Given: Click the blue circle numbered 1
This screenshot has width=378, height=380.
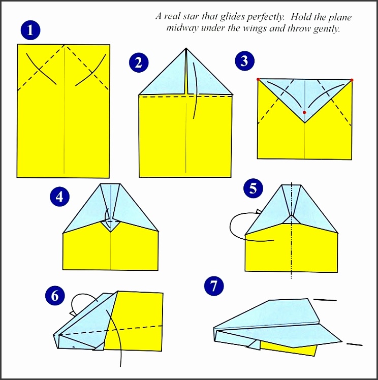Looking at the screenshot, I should (31, 30).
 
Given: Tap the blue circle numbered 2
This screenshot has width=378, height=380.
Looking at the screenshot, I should (139, 62).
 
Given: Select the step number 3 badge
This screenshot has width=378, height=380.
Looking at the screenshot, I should (245, 61).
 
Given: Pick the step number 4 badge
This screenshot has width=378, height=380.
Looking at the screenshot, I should (60, 197).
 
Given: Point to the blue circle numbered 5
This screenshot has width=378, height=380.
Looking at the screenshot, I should (254, 189).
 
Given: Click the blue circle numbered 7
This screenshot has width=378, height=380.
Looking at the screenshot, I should (214, 287).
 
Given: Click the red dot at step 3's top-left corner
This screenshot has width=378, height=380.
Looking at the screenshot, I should (258, 80).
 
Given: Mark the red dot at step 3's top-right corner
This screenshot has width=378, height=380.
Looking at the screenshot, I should (352, 80).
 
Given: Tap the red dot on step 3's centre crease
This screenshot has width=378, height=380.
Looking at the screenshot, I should (304, 112).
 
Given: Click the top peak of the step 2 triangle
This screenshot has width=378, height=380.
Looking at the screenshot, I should (186, 49).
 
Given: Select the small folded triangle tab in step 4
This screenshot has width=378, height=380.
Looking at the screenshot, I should (111, 224).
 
